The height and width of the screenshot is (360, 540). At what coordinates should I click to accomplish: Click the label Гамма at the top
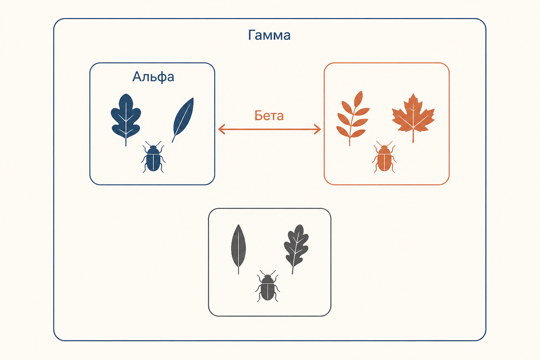(269, 35)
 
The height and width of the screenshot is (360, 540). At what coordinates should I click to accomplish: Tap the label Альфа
(153, 77)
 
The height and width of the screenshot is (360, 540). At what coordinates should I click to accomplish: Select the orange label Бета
(269, 116)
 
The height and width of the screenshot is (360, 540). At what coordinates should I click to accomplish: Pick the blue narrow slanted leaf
(183, 120)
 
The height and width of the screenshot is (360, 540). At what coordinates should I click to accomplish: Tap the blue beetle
(153, 157)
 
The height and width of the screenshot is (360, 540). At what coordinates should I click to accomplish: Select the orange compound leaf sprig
(353, 118)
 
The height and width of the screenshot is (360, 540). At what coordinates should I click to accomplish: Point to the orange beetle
(384, 157)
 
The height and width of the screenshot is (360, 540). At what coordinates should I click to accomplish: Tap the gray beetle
(268, 286)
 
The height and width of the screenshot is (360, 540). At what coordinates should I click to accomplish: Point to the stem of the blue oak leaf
(126, 142)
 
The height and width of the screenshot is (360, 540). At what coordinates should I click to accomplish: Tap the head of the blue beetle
(153, 147)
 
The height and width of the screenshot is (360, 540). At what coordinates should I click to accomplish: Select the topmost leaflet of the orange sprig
(359, 99)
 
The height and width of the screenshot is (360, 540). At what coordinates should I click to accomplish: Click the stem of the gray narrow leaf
(238, 270)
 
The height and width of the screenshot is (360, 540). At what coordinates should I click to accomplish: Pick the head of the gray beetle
(268, 276)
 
